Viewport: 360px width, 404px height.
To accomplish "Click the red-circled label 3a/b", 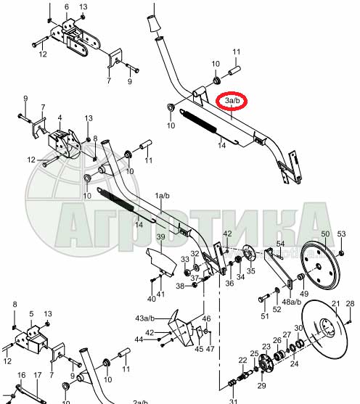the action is point(232,101).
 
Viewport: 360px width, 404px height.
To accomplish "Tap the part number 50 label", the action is point(325,234).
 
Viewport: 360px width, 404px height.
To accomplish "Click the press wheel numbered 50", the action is point(319,267).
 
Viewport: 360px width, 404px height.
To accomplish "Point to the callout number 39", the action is point(160,236).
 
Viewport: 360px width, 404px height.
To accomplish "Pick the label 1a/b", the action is point(162,196).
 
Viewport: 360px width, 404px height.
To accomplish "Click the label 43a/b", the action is point(144,318).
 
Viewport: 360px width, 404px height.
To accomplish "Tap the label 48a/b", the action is point(292,302).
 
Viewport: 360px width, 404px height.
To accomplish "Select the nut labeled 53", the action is point(340,252).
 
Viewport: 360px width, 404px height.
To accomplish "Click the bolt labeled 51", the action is point(263,298).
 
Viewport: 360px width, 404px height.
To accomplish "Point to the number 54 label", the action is point(280,244).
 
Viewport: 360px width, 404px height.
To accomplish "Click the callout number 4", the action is point(60,118).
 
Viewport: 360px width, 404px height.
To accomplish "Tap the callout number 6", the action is point(67,7).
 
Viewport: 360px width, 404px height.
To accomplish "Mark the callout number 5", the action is point(31,314).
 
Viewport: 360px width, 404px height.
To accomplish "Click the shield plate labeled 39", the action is point(161,263).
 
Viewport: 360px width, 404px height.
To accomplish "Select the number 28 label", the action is point(350,303).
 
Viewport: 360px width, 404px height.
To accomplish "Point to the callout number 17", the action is point(38,375).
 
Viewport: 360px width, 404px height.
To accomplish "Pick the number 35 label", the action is point(250,271).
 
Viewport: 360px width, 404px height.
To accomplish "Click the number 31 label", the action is point(233,401).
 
